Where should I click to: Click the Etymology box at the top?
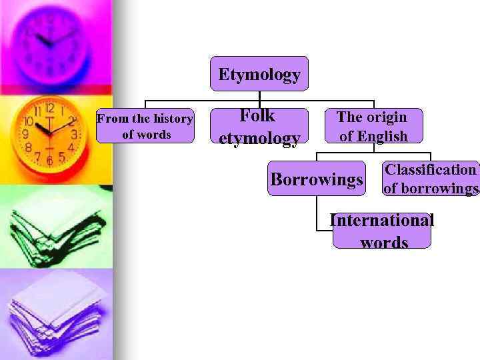pos(259,74)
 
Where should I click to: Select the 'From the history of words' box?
pos(145,126)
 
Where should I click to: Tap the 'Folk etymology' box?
pos(259,127)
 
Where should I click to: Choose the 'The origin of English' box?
pos(373,126)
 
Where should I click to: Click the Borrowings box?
pos(317,179)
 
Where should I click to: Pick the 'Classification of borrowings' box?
pos(431,179)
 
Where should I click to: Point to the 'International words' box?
pos(382,231)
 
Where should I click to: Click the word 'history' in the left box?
pos(172,119)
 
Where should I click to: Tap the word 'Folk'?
pos(257,115)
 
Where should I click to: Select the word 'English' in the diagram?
pos(382,137)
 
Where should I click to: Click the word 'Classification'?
pos(431,170)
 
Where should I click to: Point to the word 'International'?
pos(382,221)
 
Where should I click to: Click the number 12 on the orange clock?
pos(49,109)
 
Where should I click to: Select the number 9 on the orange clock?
pos(25,134)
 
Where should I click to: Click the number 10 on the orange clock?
pos(29,122)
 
